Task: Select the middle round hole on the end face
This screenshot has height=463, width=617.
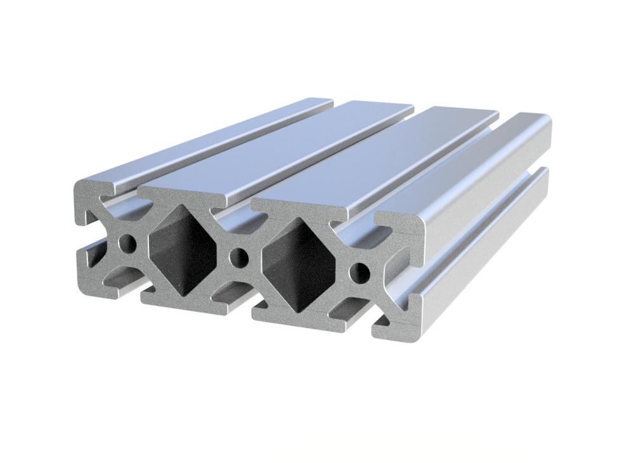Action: [x=239, y=257]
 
